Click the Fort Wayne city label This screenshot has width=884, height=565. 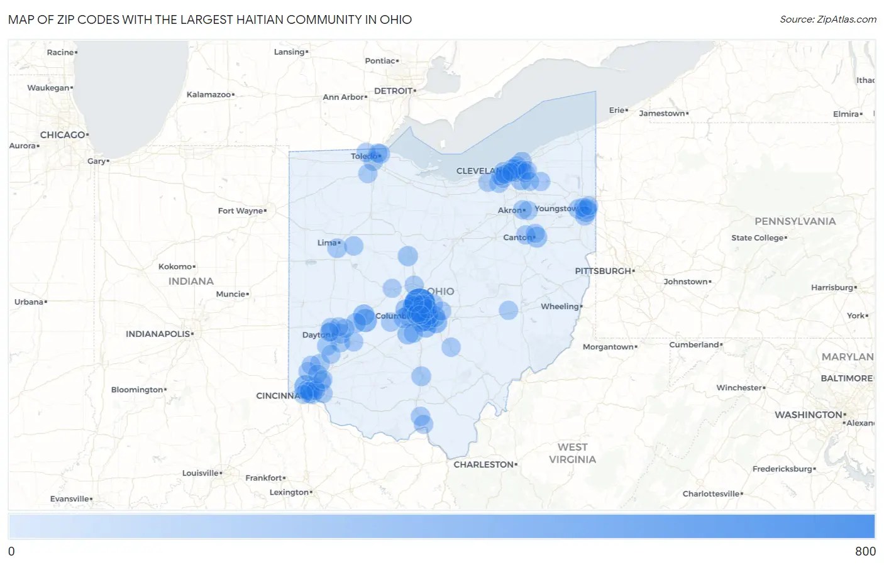(241, 211)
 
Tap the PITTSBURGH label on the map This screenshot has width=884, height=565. (604, 271)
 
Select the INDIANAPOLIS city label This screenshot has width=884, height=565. (158, 334)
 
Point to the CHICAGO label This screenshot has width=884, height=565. (63, 134)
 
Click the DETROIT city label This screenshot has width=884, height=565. (394, 91)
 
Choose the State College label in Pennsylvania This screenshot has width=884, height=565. (758, 238)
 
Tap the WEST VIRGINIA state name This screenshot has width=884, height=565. (572, 453)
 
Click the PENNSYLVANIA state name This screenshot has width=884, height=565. (795, 221)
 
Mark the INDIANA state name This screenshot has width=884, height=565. (191, 281)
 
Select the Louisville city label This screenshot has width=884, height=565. (201, 473)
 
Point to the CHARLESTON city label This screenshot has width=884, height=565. (484, 464)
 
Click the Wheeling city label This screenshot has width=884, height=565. (560, 306)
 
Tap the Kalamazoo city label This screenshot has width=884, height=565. (209, 94)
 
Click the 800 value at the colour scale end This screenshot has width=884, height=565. (865, 551)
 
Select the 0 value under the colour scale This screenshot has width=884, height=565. (11, 551)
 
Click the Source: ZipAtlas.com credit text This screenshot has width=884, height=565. (827, 19)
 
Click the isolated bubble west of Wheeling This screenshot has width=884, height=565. (509, 310)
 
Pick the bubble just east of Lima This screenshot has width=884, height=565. (354, 246)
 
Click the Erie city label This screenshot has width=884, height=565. (617, 110)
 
